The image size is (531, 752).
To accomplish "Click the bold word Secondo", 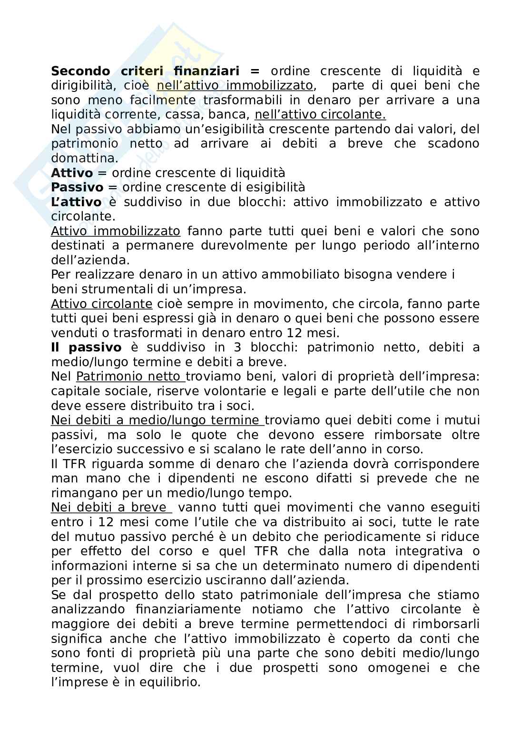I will (x=80, y=71).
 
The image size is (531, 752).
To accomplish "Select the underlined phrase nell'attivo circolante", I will (x=320, y=115).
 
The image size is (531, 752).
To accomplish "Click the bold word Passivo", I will (x=77, y=187).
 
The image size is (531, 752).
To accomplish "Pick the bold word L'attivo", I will (x=76, y=202).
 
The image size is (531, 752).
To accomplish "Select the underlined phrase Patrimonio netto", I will (x=130, y=377).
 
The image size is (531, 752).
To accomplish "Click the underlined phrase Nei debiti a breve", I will (x=111, y=508).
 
